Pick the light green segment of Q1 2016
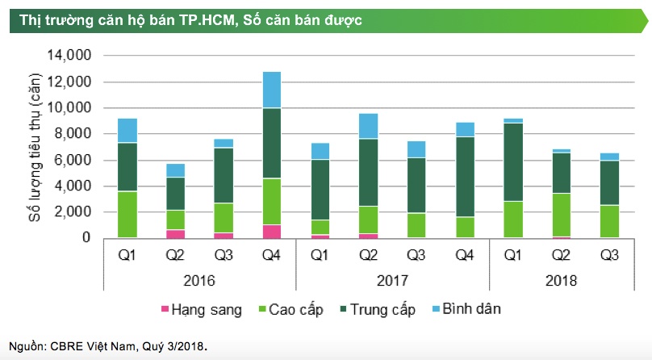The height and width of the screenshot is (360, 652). click(x=127, y=214)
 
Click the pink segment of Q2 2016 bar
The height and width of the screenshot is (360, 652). click(x=175, y=234)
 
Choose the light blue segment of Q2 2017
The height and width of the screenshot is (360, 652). click(x=368, y=126)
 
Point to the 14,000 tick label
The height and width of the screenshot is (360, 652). click(x=71, y=56)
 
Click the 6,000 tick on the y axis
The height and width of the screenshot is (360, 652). click(x=74, y=160)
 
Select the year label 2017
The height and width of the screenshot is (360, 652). click(x=391, y=282)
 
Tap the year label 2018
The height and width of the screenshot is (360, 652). click(x=561, y=282)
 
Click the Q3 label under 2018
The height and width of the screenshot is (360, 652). click(x=609, y=257)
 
